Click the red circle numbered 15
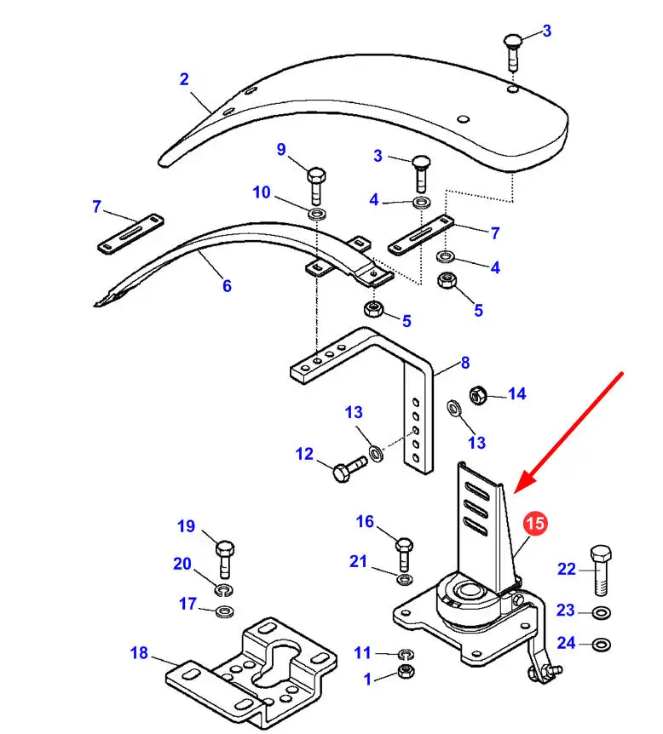[x=534, y=523]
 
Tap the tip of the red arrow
[x=514, y=492]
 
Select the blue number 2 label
[x=184, y=79]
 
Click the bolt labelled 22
[x=601, y=571]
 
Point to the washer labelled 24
[x=601, y=645]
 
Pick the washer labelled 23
[x=601, y=612]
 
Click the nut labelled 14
[x=478, y=396]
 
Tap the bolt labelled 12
[x=349, y=468]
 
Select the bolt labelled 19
[x=225, y=559]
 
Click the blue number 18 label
[x=139, y=653]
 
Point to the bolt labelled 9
[x=317, y=186]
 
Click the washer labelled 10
[x=317, y=215]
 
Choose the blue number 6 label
[x=227, y=285]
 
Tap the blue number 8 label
[x=464, y=363]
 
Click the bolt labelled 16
[x=404, y=553]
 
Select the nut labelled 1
[x=406, y=672]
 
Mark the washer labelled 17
[x=225, y=611]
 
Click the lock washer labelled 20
[x=225, y=590]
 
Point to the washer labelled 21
[x=404, y=580]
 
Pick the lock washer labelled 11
[x=406, y=654]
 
